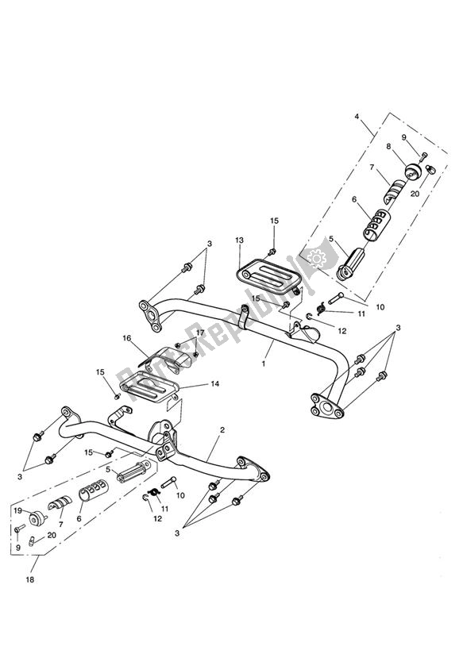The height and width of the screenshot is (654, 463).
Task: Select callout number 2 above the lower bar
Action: coord(222,429)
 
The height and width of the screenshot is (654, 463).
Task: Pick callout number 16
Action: coord(126,338)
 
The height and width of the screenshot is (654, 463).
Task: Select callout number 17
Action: coord(200,333)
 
